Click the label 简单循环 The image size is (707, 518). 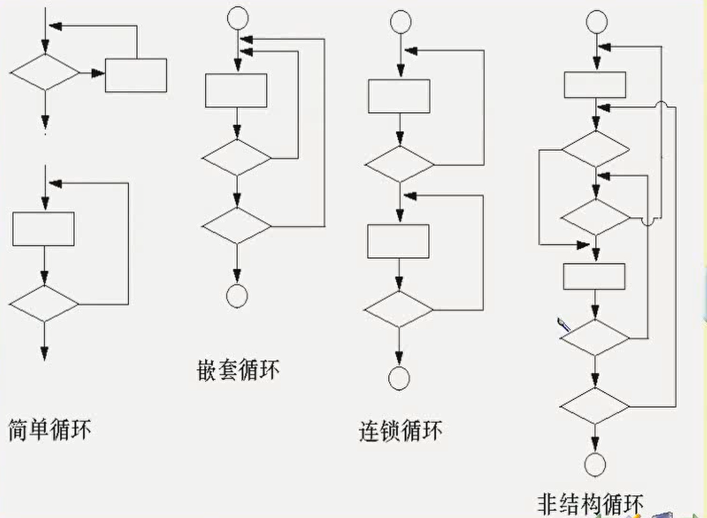click(49, 429)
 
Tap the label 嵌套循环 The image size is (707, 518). click(238, 370)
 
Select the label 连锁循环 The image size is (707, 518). click(401, 431)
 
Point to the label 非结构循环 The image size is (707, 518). click(591, 503)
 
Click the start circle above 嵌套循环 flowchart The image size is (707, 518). click(238, 18)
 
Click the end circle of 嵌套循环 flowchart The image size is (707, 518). click(237, 296)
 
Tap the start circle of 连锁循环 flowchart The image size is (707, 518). click(400, 22)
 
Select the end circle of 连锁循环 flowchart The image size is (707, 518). click(399, 379)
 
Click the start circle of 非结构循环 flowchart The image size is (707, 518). click(596, 22)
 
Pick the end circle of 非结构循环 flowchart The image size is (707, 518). click(594, 465)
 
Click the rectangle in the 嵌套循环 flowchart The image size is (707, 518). click(236, 91)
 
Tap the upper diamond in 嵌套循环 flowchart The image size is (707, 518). click(237, 158)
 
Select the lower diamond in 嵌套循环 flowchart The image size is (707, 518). click(237, 226)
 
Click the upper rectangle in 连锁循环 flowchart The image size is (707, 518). click(399, 96)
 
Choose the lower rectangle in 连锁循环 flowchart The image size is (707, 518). click(398, 242)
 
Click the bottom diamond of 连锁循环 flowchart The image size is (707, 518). click(398, 310)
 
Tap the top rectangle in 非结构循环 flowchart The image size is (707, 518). click(595, 85)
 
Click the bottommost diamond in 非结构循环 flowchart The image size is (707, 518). click(594, 406)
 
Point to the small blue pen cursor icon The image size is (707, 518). click(563, 325)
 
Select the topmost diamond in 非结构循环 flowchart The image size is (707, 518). click(596, 149)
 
